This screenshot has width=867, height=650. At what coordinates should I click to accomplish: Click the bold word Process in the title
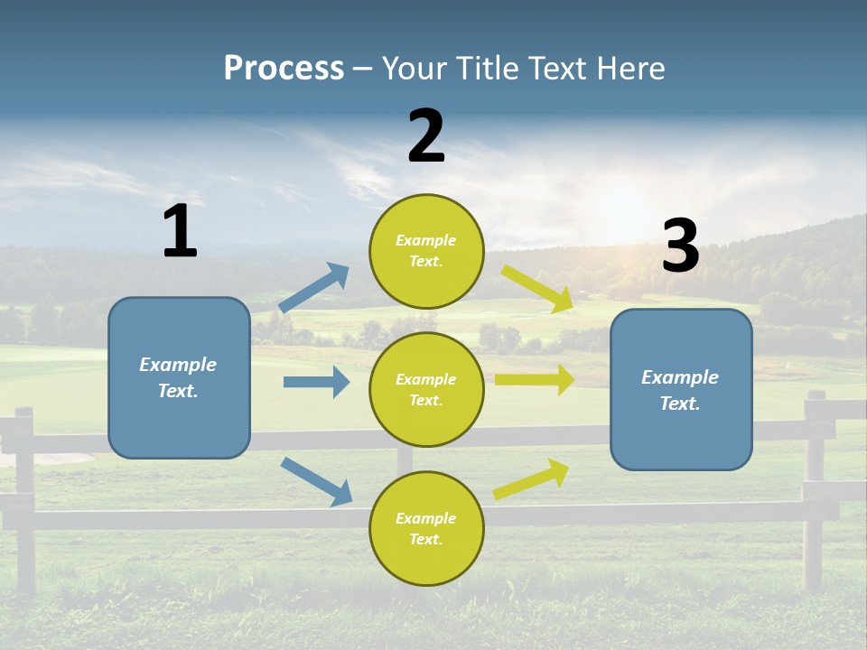coord(284,68)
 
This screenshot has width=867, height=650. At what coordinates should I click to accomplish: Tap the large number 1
coord(180,231)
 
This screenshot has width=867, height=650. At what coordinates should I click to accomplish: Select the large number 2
coord(426,136)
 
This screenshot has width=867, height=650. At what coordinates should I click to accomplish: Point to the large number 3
coord(681,246)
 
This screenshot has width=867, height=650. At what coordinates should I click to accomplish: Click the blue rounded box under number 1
coord(179,377)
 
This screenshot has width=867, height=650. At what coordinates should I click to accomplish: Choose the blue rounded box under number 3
coord(681,389)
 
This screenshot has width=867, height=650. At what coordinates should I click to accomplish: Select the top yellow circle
coord(426,251)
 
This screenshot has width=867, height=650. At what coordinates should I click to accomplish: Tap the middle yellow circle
coord(426,389)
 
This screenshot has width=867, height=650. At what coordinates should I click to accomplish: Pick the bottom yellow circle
coord(426,528)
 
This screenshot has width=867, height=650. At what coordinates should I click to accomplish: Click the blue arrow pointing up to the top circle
coord(314,288)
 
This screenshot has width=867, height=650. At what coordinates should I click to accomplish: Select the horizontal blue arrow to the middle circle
coord(316,382)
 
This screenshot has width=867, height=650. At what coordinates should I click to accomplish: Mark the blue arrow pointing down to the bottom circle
coord(317,481)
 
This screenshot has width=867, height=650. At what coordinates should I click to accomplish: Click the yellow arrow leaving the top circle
coord(538,288)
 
